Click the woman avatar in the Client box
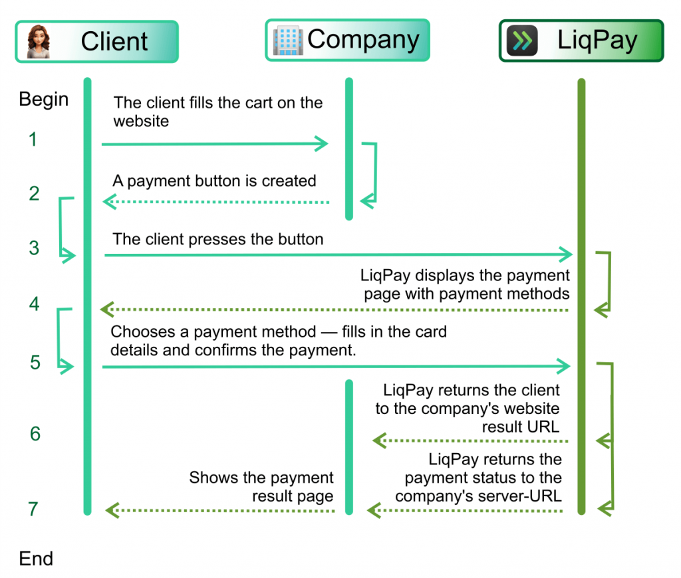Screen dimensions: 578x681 (x=38, y=42)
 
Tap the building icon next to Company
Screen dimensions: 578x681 (x=287, y=41)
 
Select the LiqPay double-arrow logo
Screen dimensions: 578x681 (x=522, y=41)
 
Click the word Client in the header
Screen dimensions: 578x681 (x=114, y=41)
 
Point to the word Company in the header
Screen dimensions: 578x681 (x=363, y=40)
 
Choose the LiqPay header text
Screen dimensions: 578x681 (x=597, y=41)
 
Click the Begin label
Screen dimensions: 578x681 (x=43, y=100)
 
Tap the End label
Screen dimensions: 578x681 (x=36, y=559)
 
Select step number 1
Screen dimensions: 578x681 (x=33, y=140)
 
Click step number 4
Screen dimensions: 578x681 (x=34, y=304)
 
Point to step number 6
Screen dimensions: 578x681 (x=35, y=434)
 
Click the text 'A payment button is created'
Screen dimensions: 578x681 (x=214, y=181)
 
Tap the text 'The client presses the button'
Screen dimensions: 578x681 (x=217, y=239)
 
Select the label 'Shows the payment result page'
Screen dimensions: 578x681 (x=261, y=487)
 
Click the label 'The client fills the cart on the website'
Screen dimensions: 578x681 (x=217, y=112)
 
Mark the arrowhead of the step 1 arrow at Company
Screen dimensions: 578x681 (x=323, y=144)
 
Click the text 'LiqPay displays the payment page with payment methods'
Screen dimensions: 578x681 (x=466, y=284)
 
